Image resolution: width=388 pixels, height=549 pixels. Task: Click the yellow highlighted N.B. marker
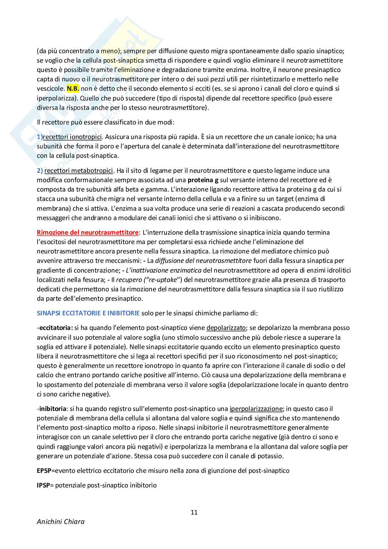pos(73,89)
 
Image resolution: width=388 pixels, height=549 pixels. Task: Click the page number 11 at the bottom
pos(194,512)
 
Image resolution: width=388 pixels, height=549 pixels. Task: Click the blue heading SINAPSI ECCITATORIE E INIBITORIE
pos(88,313)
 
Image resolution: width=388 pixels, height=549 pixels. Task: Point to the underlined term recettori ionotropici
pos(72,137)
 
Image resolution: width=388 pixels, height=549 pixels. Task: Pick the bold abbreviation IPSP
pos(43,485)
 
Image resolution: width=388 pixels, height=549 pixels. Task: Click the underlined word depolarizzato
pos(226,328)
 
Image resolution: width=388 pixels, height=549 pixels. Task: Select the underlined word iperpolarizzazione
pos(256,409)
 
